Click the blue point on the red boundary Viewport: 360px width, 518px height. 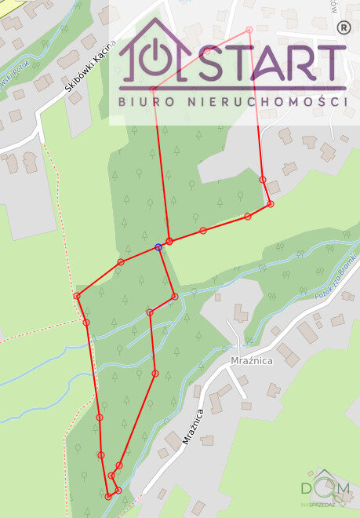coord(158,247)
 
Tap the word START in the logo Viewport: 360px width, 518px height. coord(272,63)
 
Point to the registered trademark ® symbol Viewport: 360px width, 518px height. coord(342,27)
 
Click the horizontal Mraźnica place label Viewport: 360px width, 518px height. coord(251,360)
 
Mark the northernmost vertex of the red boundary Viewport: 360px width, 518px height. coord(249,30)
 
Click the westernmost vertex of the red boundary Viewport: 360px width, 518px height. coord(77,296)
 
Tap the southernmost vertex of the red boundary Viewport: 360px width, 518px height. coord(107,496)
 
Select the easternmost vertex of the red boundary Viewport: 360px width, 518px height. coord(271,204)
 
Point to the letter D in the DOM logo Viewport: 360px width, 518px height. coord(307,489)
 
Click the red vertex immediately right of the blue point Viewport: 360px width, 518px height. coord(169,240)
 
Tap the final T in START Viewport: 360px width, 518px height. coord(333,63)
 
